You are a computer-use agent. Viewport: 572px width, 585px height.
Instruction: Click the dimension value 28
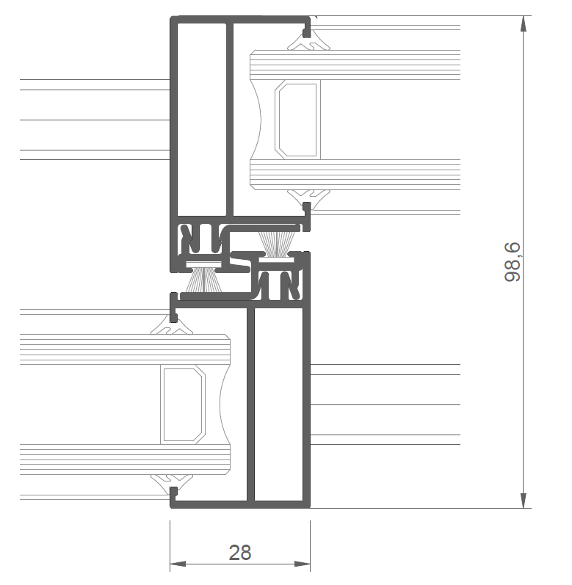pyautogui.click(x=240, y=553)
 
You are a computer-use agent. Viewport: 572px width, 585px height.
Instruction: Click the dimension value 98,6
pyautogui.click(x=512, y=262)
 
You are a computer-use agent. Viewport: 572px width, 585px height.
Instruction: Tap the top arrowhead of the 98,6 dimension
pyautogui.click(x=524, y=24)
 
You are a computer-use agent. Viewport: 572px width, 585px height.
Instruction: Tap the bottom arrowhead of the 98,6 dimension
pyautogui.click(x=524, y=501)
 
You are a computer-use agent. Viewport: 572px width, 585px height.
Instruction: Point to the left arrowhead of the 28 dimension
pyautogui.click(x=178, y=564)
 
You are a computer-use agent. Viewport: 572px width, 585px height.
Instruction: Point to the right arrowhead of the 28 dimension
pyautogui.click(x=303, y=564)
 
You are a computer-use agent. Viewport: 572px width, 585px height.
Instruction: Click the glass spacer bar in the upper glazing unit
pyautogui.click(x=297, y=120)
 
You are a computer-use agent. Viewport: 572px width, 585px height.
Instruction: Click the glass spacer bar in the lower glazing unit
pyautogui.click(x=183, y=404)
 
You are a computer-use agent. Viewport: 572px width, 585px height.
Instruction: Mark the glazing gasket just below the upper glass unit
pyautogui.click(x=308, y=197)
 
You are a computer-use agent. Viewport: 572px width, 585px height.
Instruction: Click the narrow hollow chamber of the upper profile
pyautogui.click(x=201, y=120)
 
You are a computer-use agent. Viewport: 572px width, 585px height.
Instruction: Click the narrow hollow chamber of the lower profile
pyautogui.click(x=278, y=404)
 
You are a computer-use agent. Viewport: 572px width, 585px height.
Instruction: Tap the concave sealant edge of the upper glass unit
pyautogui.click(x=256, y=120)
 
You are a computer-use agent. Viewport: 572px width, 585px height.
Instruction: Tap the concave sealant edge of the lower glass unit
pyautogui.click(x=225, y=404)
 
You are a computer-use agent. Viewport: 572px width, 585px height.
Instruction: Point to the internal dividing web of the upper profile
pyautogui.click(x=230, y=120)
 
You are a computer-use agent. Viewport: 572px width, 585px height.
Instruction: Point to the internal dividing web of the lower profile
pyautogui.click(x=250, y=404)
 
